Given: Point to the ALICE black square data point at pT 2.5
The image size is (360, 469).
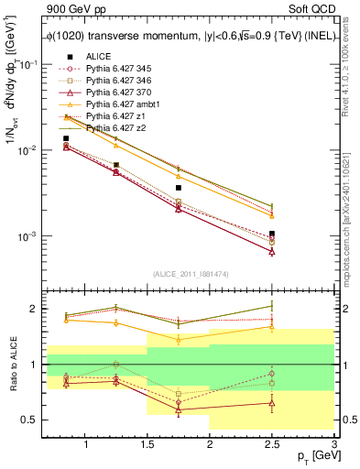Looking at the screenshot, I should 272,234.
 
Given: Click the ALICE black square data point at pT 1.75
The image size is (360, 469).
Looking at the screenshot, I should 179,188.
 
